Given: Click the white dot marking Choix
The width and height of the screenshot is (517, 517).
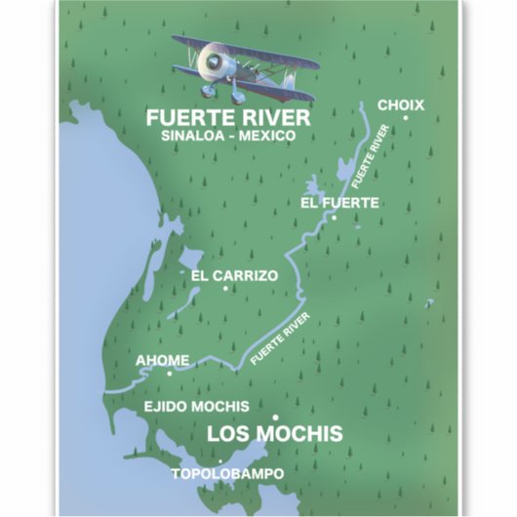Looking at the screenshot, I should point(405,118).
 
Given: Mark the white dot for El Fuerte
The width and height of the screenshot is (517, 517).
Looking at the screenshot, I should point(334,218).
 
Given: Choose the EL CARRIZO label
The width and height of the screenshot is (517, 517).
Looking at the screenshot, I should point(234,275).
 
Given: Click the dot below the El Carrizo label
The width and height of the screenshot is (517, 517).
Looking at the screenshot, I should point(225,288).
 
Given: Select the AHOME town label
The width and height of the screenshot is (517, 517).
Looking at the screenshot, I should point(162,359).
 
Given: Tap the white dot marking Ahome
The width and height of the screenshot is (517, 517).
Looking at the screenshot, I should point(169,372).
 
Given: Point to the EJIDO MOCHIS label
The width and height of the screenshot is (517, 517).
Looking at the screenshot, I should point(196,406).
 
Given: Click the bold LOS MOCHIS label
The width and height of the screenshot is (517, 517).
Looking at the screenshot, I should point(276,433).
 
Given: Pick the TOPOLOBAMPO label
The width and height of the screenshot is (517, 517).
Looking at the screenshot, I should point(227,474).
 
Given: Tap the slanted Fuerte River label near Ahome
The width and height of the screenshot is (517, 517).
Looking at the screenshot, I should point(281,338).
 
